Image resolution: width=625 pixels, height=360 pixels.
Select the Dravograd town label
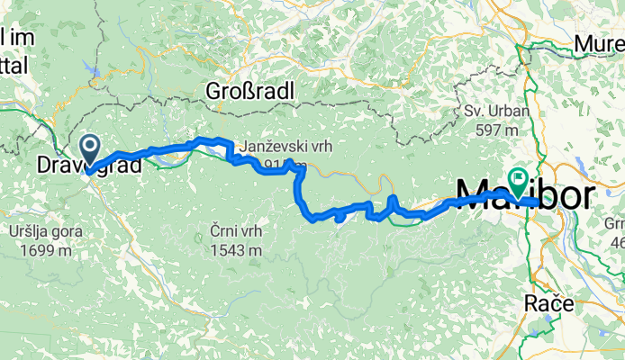pos(88,166)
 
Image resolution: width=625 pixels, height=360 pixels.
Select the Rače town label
pos(549,305)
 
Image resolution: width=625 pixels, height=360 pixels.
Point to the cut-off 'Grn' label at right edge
pos(615,224)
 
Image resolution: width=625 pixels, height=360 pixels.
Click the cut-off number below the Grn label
pos(617,242)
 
